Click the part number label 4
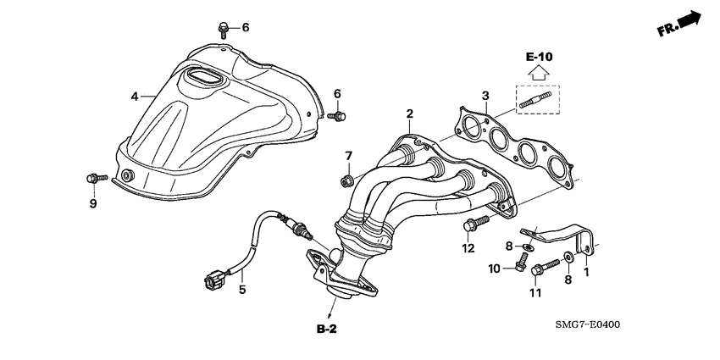(x=135, y=97)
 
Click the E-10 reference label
(x=539, y=56)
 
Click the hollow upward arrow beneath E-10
(x=539, y=74)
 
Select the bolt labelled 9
(x=93, y=179)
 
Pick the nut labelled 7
(x=347, y=180)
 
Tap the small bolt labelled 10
(x=516, y=268)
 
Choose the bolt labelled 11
(x=540, y=272)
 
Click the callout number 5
(x=241, y=290)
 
